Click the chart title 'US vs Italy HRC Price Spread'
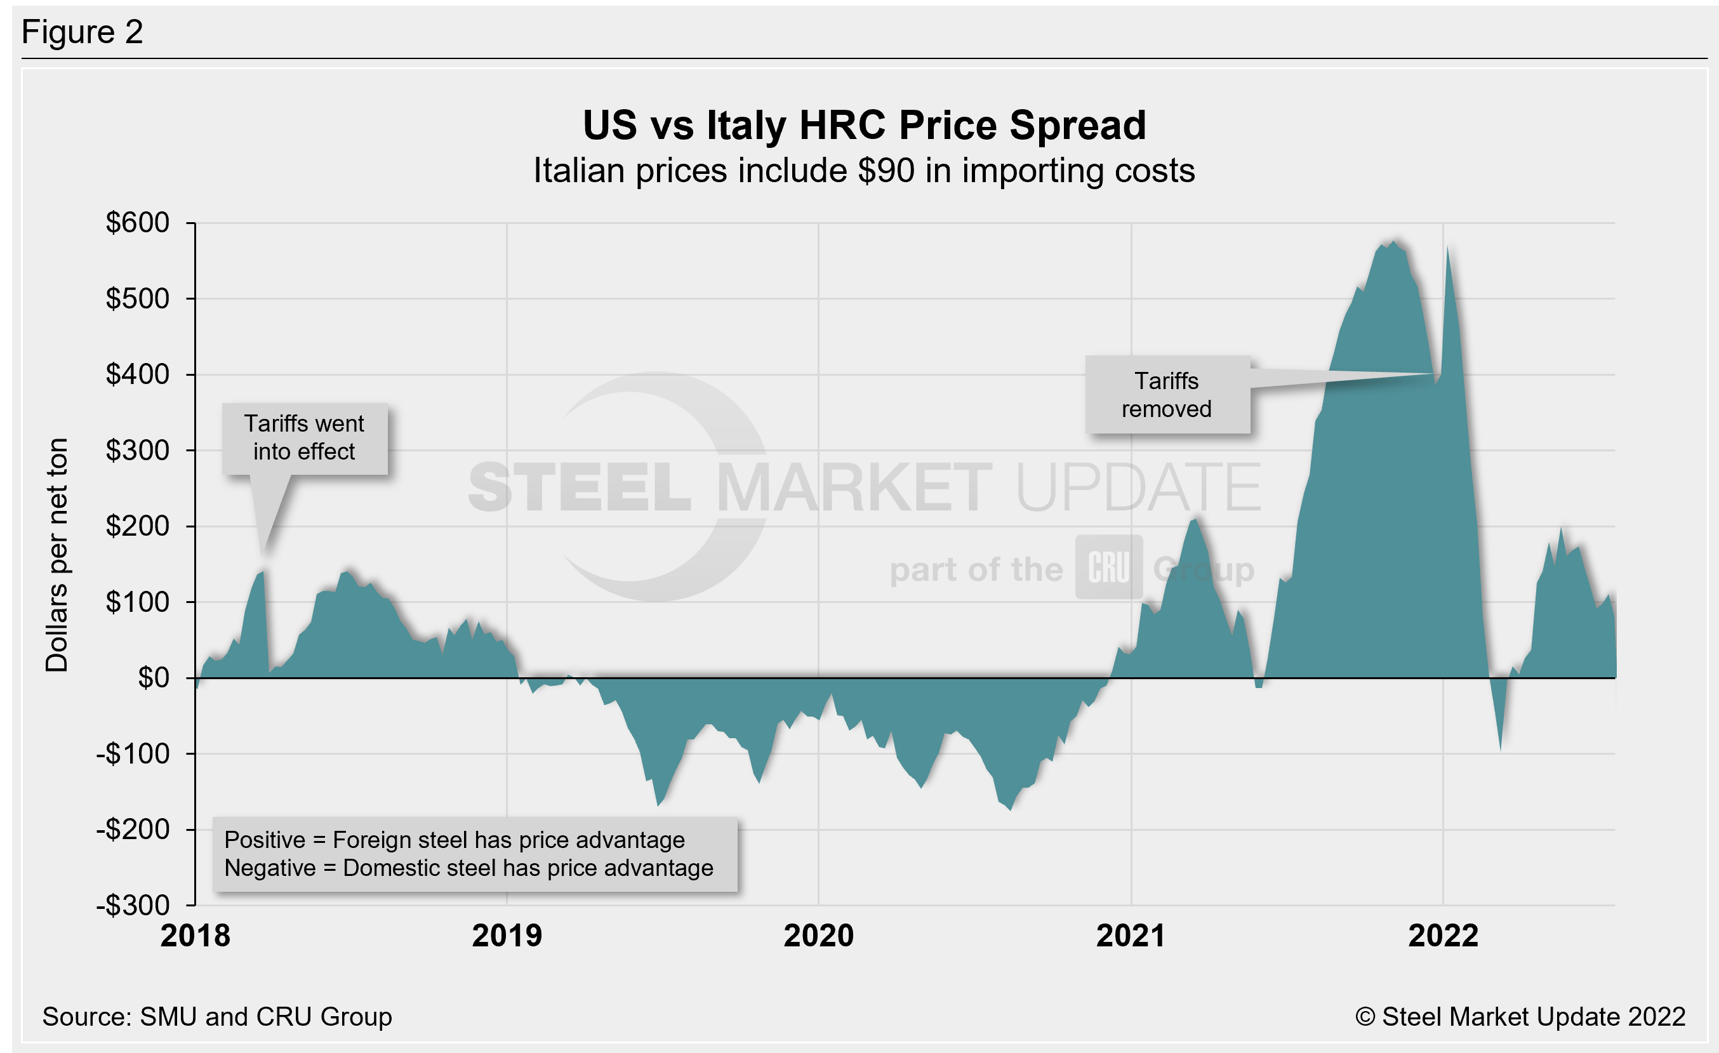click(x=864, y=126)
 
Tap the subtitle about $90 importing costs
click(x=864, y=171)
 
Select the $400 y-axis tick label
click(x=138, y=374)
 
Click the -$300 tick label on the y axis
click(x=133, y=905)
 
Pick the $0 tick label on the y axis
click(x=154, y=678)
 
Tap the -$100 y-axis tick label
click(x=133, y=754)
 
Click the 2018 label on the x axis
click(x=196, y=936)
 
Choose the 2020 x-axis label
click(x=818, y=936)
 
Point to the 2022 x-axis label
click(x=1443, y=936)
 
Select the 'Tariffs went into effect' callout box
click(x=304, y=438)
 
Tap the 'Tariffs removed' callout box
click(x=1167, y=395)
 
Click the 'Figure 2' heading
click(x=83, y=32)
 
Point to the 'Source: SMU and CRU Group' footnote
click(x=217, y=1017)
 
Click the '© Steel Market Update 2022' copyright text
click(x=1520, y=1017)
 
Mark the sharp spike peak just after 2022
click(x=1447, y=248)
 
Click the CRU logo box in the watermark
click(x=1108, y=567)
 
